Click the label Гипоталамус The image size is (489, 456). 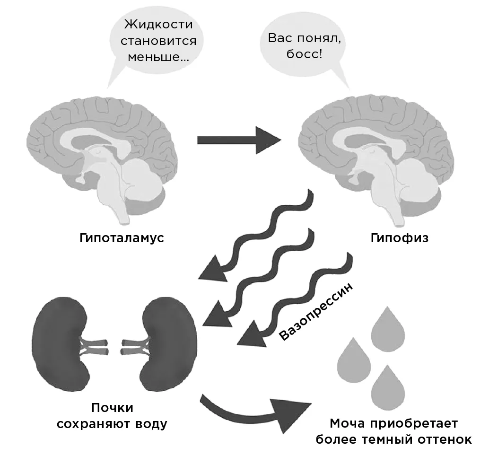pyautogui.click(x=122, y=238)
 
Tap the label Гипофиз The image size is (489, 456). pyautogui.click(x=400, y=238)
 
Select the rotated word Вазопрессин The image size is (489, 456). pyautogui.click(x=316, y=311)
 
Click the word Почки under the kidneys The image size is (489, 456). pyautogui.click(x=112, y=408)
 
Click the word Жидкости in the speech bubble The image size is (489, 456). pyautogui.click(x=158, y=24)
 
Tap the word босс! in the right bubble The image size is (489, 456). pyautogui.click(x=304, y=54)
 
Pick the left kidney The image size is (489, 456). pyautogui.click(x=59, y=343)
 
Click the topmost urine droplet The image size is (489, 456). pyautogui.click(x=388, y=326)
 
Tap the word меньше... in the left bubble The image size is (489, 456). pyautogui.click(x=158, y=57)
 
